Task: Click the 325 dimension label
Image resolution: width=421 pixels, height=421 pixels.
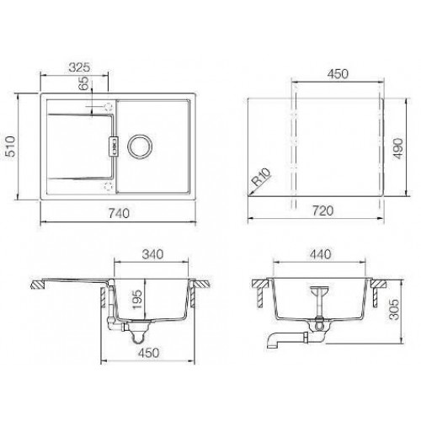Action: (79, 67)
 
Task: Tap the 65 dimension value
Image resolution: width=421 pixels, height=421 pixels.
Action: (83, 83)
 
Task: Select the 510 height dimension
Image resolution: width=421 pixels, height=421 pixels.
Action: (11, 147)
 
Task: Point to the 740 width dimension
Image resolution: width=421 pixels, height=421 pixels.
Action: (119, 213)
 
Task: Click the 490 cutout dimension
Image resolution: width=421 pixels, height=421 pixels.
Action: (398, 149)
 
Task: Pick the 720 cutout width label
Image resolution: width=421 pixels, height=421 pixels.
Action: (322, 210)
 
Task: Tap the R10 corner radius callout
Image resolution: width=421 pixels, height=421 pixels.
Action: (261, 177)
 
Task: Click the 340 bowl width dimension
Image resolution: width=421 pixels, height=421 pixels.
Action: (152, 254)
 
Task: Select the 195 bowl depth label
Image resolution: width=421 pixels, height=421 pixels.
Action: (137, 300)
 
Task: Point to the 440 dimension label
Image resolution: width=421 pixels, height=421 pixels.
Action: (321, 254)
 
